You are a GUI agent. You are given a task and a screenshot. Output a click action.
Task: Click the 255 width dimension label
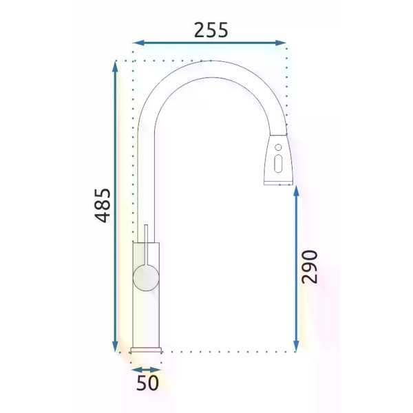(211, 30)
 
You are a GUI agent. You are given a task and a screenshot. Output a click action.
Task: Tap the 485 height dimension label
(103, 205)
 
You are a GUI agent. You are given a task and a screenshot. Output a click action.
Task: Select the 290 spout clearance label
(310, 267)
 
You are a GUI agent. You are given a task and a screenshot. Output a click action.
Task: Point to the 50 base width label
(147, 383)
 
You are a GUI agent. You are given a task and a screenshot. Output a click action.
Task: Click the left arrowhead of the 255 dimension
(138, 43)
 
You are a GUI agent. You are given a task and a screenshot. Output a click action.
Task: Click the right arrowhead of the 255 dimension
(280, 43)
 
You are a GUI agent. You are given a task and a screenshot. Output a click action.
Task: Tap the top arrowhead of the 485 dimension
(115, 66)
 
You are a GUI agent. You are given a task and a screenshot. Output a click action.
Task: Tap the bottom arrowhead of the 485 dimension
(115, 346)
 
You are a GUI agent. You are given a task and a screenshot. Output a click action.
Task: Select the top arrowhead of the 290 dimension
(296, 191)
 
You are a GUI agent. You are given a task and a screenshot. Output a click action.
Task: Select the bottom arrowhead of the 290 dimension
(296, 346)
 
